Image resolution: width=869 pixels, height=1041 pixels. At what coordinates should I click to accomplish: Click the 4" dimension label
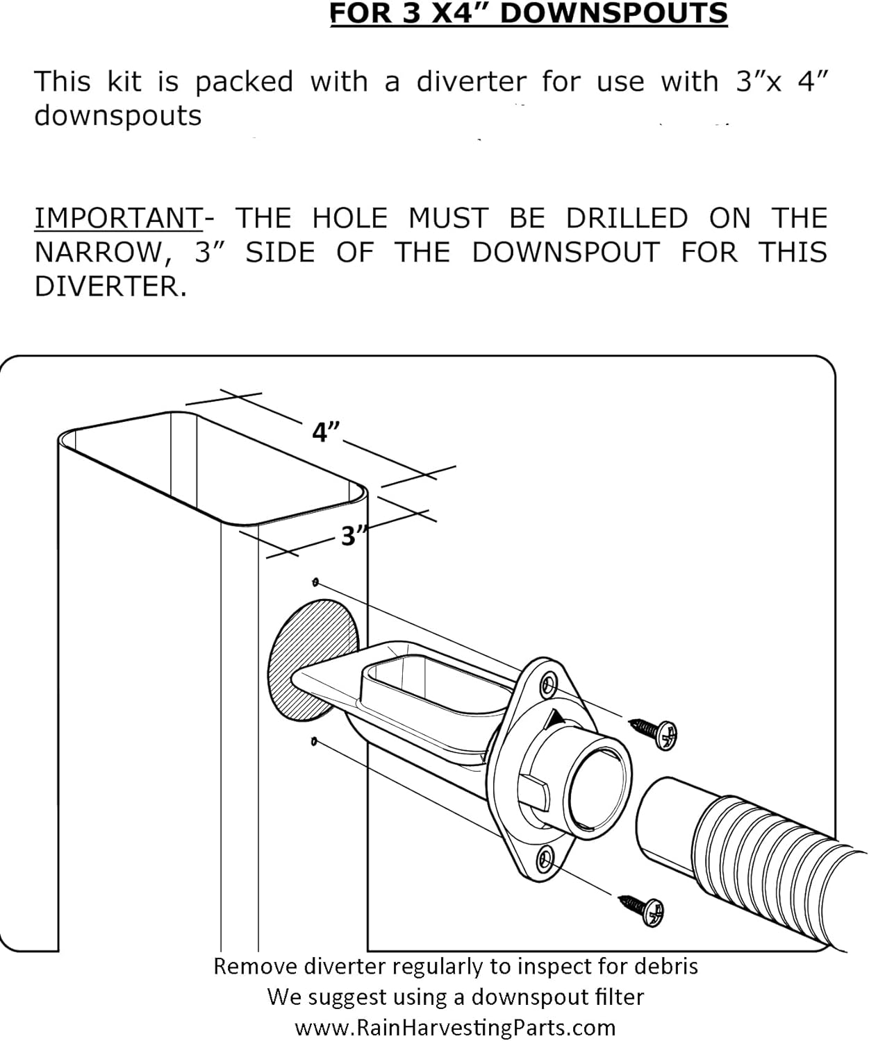pos(325,432)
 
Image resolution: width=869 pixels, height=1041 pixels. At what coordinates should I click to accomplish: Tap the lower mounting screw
pos(643,908)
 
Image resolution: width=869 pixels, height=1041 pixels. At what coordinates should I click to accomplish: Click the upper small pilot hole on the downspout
pos(316,581)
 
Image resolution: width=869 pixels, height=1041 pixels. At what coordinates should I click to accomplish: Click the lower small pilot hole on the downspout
pos(314,742)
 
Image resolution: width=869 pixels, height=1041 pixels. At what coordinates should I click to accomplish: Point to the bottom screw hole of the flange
pos(546,861)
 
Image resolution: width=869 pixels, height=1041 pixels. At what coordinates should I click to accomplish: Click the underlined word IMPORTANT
pos(118,219)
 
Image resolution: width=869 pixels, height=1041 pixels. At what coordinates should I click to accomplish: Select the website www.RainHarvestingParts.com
pos(455,1027)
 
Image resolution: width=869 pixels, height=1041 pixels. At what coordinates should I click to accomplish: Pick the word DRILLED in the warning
pos(626,219)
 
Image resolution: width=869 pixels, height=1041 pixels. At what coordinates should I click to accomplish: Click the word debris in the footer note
pos(668,966)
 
